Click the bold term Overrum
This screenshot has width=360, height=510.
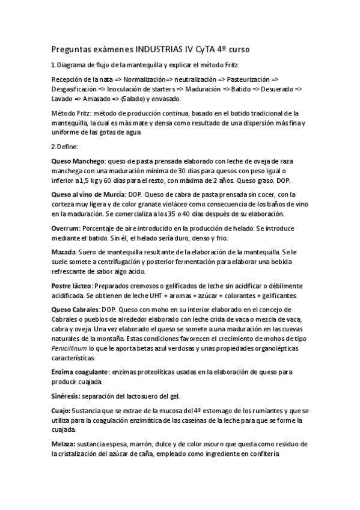coord(66,229)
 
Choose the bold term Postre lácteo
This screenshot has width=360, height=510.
coord(72,285)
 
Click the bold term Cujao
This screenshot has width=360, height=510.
coord(61,411)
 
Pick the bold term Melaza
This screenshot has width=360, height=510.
coord(63,444)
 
